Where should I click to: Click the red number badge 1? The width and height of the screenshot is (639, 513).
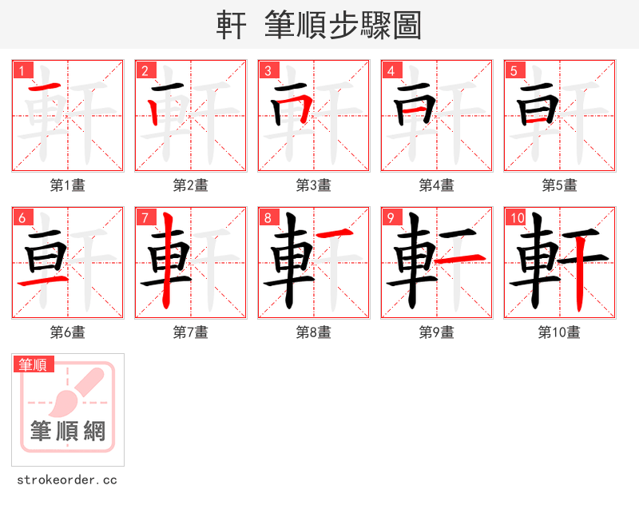(x=22, y=71)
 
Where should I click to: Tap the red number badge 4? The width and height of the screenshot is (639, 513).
(x=391, y=71)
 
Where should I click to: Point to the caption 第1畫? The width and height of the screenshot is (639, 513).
(x=67, y=185)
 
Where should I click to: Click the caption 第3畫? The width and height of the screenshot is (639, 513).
(x=313, y=185)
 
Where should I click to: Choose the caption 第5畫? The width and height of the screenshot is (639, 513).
(x=559, y=185)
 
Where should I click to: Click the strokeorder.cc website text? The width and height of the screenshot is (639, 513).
(x=67, y=480)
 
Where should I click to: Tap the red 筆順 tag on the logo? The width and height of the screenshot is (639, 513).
(x=34, y=364)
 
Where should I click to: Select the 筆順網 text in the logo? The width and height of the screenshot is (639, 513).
(x=68, y=431)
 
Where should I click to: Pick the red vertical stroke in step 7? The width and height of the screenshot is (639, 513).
(x=165, y=260)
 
